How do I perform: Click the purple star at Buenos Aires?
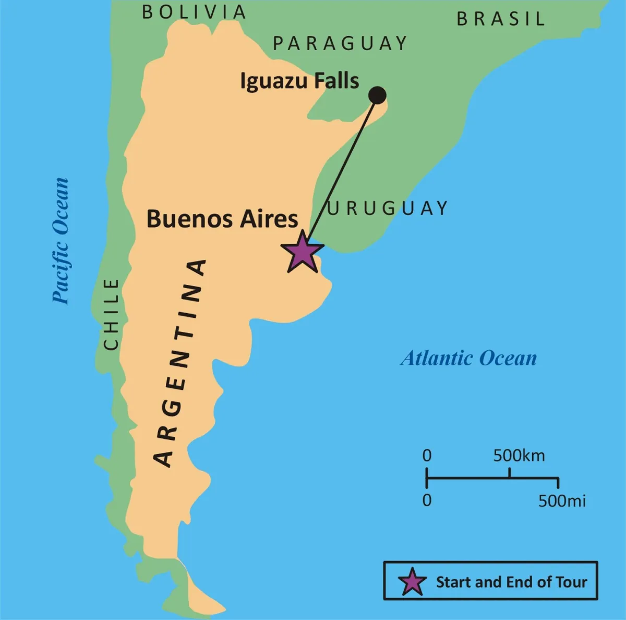(302, 253)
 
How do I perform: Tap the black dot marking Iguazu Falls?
(377, 96)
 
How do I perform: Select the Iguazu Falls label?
(299, 82)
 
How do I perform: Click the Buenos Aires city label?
(222, 219)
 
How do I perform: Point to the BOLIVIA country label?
(194, 12)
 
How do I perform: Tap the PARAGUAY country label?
(340, 43)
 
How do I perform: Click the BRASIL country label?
(501, 19)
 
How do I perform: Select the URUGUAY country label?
(388, 208)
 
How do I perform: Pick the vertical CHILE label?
(112, 314)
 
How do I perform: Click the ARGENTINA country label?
(179, 363)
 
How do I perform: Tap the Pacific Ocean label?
(61, 241)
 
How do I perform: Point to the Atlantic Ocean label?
(468, 359)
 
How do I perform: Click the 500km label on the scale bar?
(519, 456)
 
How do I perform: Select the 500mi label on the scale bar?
(562, 501)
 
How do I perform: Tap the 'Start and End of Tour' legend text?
(511, 582)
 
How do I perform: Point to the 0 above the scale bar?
(427, 456)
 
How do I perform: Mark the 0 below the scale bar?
(427, 500)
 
